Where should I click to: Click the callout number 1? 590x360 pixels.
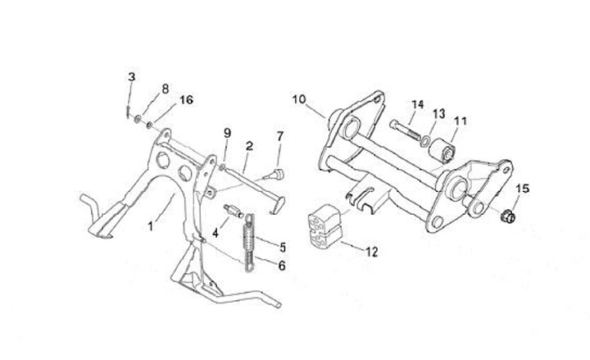(x=151, y=223)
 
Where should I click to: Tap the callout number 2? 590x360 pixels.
(x=248, y=145)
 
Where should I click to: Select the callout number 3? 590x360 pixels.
(x=131, y=77)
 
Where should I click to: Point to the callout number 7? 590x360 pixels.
(x=280, y=135)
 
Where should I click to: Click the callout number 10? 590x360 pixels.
(x=298, y=99)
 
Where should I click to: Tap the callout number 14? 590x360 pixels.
(x=418, y=104)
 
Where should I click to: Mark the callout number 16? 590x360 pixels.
(x=186, y=100)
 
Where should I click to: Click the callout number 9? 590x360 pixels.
(x=228, y=133)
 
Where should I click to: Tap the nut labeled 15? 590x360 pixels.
(x=507, y=218)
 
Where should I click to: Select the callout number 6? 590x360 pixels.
(x=283, y=265)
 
